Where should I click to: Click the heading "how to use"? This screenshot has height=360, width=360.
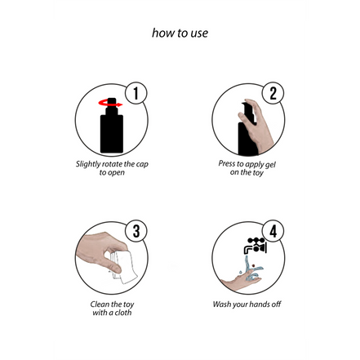[x=180, y=33]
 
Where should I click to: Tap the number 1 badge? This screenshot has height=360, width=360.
[x=136, y=93]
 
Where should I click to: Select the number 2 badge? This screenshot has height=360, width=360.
[x=273, y=93]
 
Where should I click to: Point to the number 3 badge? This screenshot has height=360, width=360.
[x=136, y=231]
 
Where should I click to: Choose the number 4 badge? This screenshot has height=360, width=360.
[x=273, y=231]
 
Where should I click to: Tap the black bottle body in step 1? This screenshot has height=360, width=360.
[x=112, y=133]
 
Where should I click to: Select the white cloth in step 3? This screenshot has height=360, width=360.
[x=125, y=267]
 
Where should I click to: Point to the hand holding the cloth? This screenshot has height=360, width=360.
[x=100, y=251]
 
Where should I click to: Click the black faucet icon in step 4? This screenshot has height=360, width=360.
[x=256, y=246]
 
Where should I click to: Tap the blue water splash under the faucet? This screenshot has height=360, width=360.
[x=251, y=270]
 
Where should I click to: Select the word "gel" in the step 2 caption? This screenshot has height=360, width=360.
[x=270, y=165]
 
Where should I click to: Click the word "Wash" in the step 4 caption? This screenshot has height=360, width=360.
[x=221, y=304]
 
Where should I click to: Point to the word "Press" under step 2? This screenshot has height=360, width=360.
[x=227, y=163]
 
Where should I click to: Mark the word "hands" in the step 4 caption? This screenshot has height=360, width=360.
[x=260, y=304]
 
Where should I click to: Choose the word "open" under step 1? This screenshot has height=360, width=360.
[x=115, y=173]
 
